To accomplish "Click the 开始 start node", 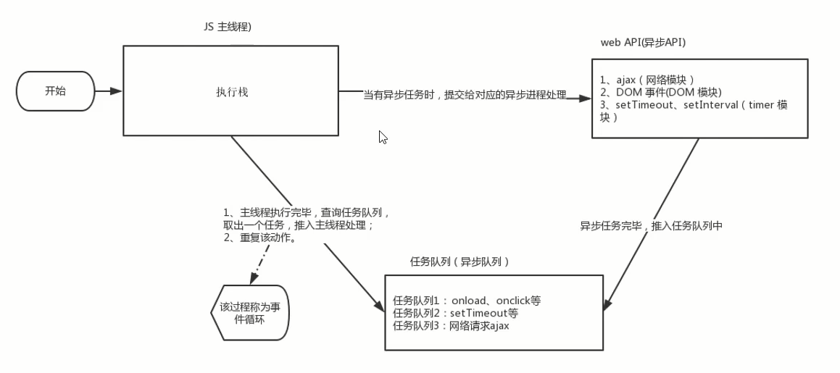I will coord(55,91).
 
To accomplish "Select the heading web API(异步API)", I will coord(642,43).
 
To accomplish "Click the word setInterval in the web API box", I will coord(711,106).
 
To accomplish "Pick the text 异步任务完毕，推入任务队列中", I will coord(651,226).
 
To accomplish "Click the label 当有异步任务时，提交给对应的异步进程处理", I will coord(464,96).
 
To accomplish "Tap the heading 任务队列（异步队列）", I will coord(459,262).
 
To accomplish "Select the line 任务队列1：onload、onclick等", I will coord(467,301).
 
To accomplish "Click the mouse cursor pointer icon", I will coord(383,137).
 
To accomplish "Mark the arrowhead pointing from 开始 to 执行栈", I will coord(116,91).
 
